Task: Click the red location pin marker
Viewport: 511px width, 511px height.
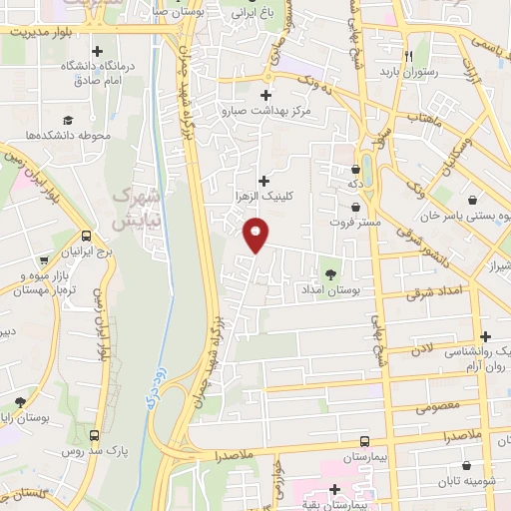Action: pos(256,236)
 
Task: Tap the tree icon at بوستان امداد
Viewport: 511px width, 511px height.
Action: pos(330,272)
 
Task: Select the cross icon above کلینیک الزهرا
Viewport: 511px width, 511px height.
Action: pos(263,181)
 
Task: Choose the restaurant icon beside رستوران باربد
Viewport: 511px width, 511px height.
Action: pos(408,57)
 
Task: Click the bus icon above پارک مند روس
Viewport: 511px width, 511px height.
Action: pos(94,436)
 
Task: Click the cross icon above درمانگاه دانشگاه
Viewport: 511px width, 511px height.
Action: pos(97,51)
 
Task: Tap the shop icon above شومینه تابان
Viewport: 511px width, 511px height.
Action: pos(467,465)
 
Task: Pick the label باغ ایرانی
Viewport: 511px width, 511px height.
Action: pos(251,15)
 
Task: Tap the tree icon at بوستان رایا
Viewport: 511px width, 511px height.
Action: pos(20,401)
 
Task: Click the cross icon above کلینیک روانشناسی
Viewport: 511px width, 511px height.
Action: pos(485,336)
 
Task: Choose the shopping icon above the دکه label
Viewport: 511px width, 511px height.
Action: pos(357,169)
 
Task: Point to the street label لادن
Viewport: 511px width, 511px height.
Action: pos(422,348)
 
